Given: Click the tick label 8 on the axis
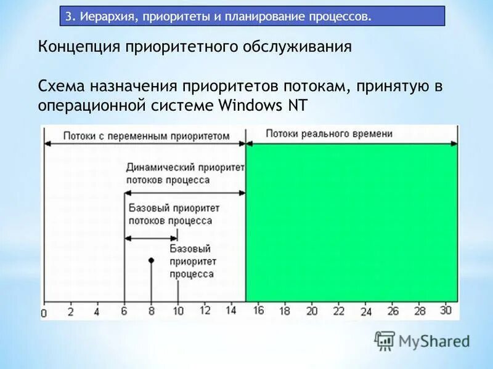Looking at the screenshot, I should [x=151, y=311].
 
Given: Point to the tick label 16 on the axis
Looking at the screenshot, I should [x=258, y=311].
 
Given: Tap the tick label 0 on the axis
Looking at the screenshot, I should [x=44, y=314].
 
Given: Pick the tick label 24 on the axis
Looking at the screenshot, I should [x=366, y=312].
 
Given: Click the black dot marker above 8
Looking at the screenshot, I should [x=151, y=261].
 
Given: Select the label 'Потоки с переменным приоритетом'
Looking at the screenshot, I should [x=146, y=135].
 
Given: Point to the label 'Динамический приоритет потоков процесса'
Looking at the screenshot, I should [x=184, y=173].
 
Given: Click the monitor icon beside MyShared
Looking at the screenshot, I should [x=385, y=340].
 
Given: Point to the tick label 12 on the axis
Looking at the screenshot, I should [x=205, y=311].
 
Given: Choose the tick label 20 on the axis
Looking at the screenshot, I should [x=312, y=311].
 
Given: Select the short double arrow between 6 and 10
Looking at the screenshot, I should [x=151, y=238].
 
